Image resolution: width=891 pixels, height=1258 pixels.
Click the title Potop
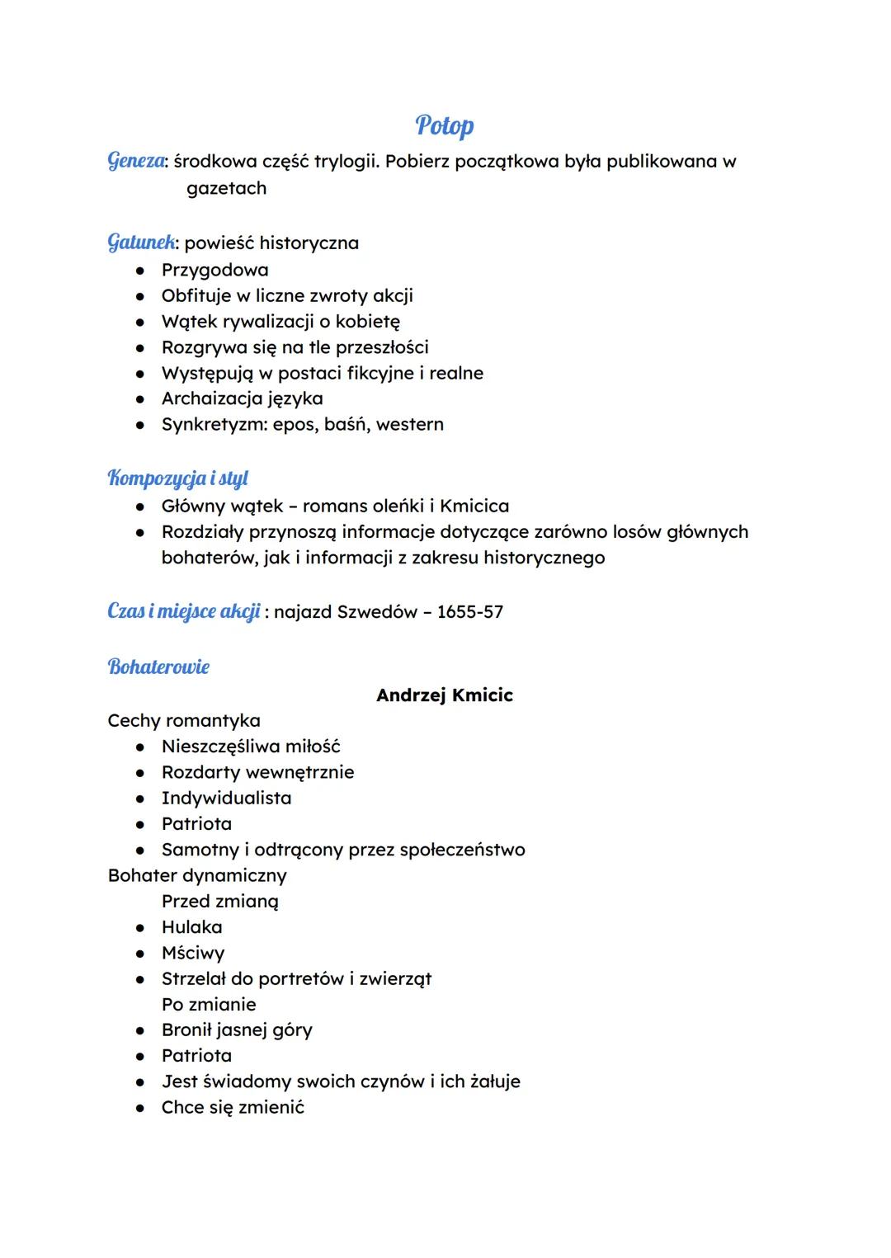coord(445,125)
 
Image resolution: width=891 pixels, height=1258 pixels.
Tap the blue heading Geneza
coord(135,161)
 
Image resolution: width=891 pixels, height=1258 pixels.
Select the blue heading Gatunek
coord(141,243)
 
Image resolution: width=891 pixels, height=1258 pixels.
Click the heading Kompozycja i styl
coord(177,478)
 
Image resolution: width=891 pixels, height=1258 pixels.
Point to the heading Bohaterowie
coord(158,667)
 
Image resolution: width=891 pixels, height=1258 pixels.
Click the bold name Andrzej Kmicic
coord(444,695)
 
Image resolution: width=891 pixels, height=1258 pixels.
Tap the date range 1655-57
coord(469,612)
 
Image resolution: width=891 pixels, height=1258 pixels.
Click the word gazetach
coord(226,189)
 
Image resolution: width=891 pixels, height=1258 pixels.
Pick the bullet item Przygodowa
coord(214,270)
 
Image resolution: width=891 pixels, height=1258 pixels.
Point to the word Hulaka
coord(191,927)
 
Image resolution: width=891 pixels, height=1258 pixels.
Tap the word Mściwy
coord(193,954)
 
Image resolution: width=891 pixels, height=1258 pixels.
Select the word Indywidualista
coord(226,799)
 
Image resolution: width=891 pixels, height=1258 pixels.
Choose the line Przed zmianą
coord(219,902)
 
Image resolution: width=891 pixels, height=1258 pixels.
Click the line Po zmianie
coord(209,1005)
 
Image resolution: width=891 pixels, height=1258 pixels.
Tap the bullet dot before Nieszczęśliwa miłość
coord(141,747)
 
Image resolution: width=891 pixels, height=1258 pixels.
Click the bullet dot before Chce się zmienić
coord(141,1108)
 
